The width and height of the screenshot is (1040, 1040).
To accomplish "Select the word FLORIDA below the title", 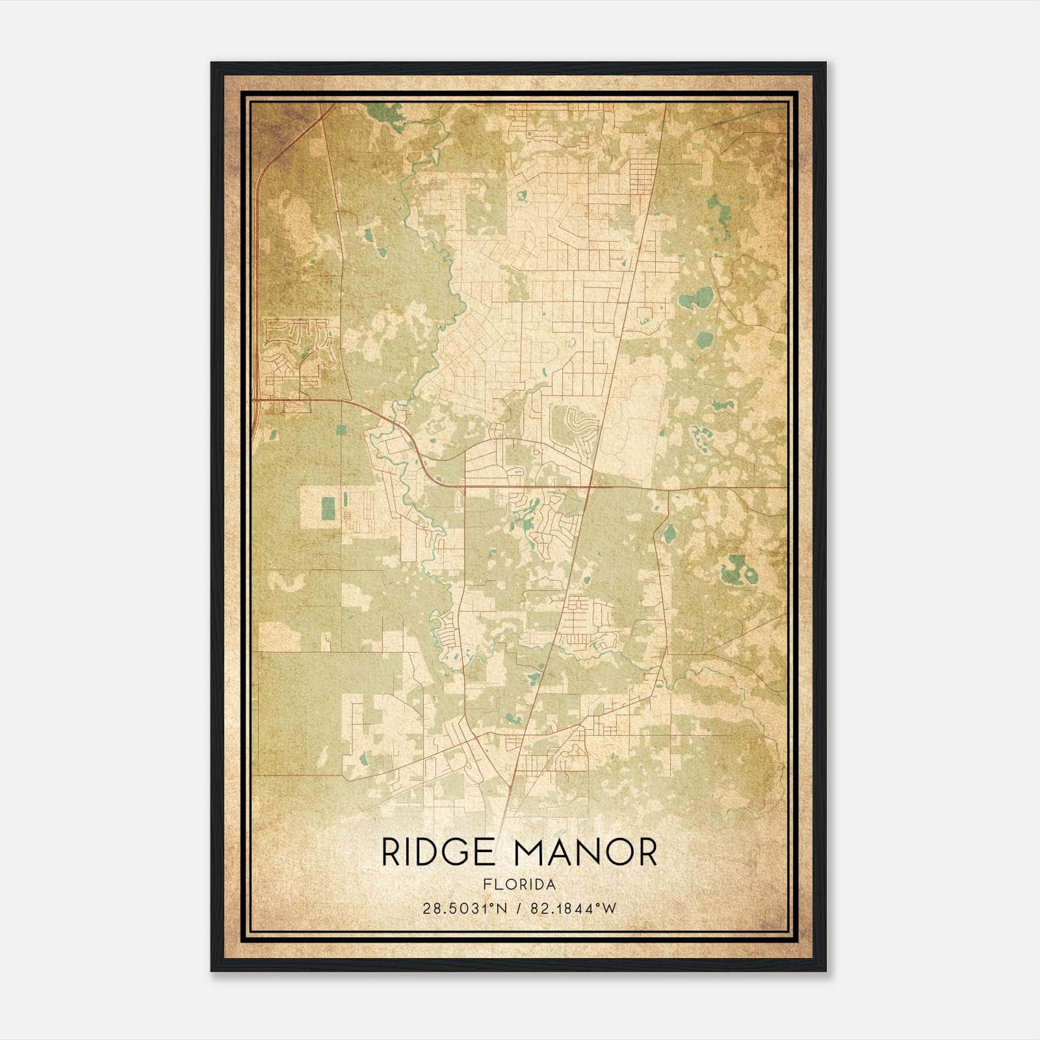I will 519,884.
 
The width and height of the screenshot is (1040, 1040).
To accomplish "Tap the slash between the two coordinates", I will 519,909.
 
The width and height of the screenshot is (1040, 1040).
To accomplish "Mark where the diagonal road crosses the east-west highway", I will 590,486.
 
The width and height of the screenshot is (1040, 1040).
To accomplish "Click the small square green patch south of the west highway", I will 341,428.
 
